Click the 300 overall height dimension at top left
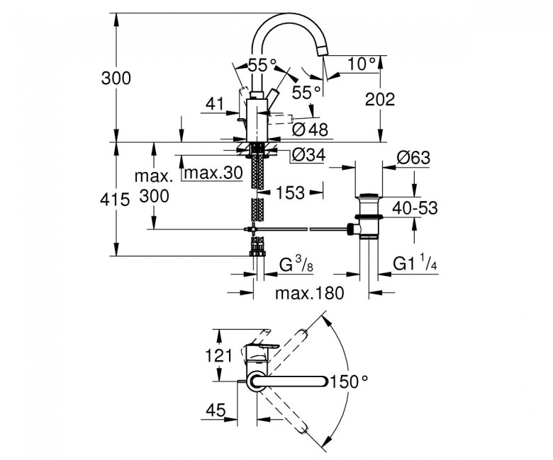tap(116, 78)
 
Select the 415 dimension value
tap(115, 200)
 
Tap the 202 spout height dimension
tap(380, 99)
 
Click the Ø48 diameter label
tap(310, 130)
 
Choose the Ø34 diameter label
tap(308, 155)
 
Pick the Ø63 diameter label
tap(413, 158)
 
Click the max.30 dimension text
tap(213, 173)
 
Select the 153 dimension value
tap(290, 192)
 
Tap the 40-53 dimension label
tap(415, 208)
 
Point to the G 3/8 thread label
tap(296, 264)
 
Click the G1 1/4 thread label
tap(415, 263)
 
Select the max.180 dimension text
tap(309, 293)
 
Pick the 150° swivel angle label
tap(349, 381)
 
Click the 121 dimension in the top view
tap(218, 355)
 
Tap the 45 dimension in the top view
tap(216, 410)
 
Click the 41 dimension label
tap(215, 104)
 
